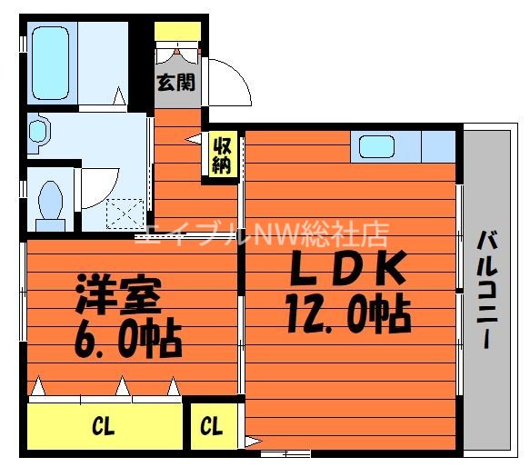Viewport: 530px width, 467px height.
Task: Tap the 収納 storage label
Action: (x=222, y=154)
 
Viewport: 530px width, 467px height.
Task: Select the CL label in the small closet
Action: (x=212, y=425)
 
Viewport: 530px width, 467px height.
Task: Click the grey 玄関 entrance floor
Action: (x=175, y=95)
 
